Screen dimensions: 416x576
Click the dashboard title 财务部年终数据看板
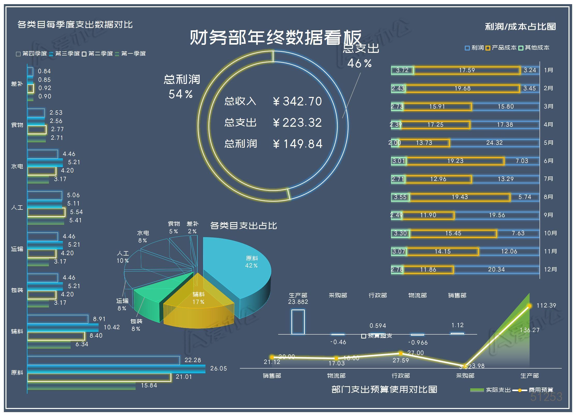point(276,38)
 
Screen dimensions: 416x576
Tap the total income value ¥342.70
point(297,101)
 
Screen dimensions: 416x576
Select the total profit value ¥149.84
point(298,144)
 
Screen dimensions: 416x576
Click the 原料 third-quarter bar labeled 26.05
point(116,369)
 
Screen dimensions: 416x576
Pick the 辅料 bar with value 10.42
point(63,327)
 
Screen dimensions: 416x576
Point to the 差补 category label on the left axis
point(17,84)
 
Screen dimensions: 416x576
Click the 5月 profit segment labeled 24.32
point(494,143)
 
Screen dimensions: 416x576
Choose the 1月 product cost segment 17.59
point(467,70)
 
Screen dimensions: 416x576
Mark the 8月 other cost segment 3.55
point(400,197)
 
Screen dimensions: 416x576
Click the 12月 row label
point(550,269)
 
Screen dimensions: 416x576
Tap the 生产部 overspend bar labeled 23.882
point(298,322)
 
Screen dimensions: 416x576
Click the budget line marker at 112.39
point(529,306)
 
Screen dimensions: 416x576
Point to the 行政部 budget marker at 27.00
point(401,353)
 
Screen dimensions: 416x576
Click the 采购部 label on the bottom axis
point(465,376)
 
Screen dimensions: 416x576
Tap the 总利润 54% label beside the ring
point(181,87)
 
